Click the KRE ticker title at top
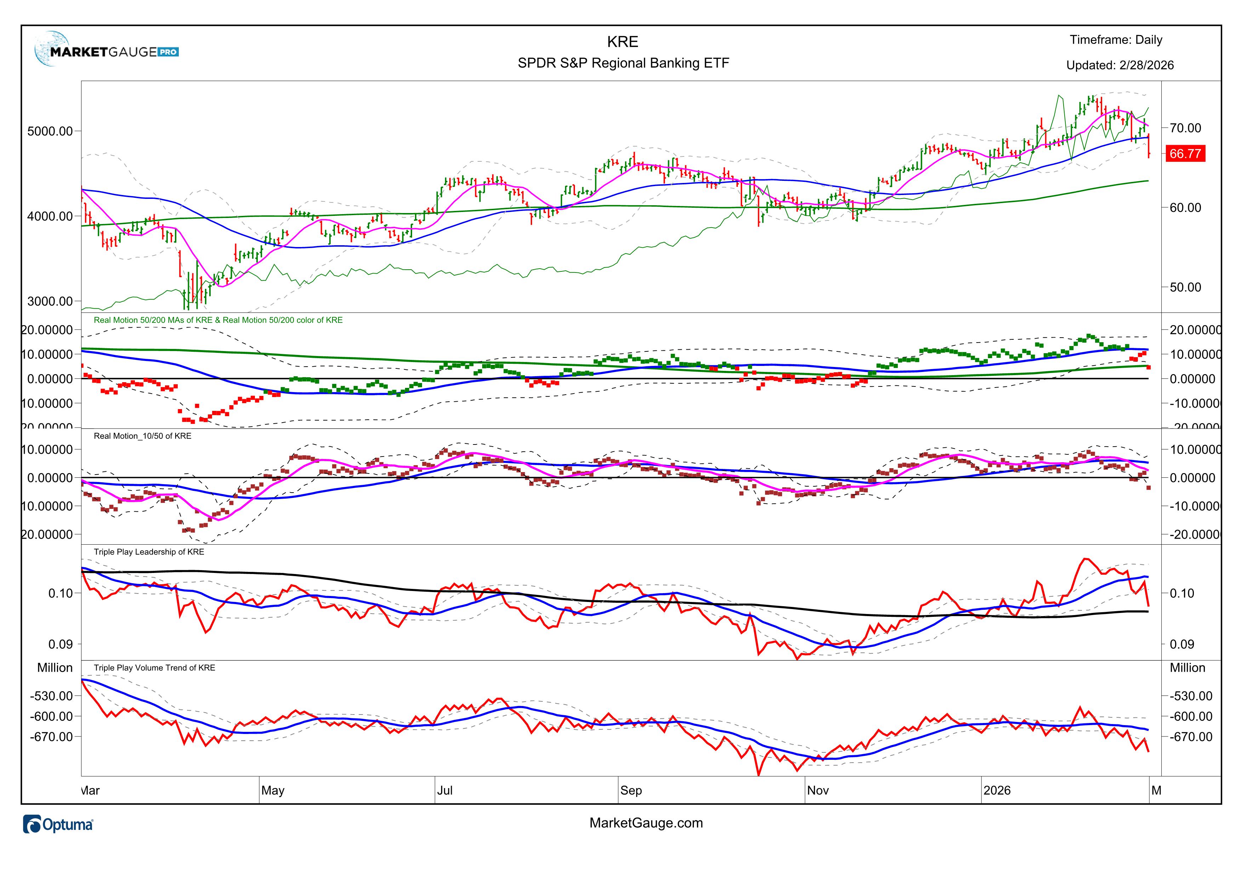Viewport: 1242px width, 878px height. click(x=623, y=42)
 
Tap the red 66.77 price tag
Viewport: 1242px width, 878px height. click(x=1185, y=154)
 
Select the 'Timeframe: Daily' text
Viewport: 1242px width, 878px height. click(x=1115, y=40)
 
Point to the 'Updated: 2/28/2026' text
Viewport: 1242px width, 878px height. click(x=1120, y=65)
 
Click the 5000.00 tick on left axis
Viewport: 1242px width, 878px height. click(x=50, y=131)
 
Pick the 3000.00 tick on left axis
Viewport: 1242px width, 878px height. click(x=50, y=301)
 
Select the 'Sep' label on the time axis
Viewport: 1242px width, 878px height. click(x=631, y=791)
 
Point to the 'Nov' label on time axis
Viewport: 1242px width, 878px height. click(x=817, y=791)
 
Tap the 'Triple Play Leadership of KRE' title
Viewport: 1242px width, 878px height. click(x=149, y=552)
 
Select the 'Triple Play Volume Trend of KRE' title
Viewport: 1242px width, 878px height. click(x=154, y=668)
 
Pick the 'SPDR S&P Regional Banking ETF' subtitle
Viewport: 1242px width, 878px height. click(x=623, y=63)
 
